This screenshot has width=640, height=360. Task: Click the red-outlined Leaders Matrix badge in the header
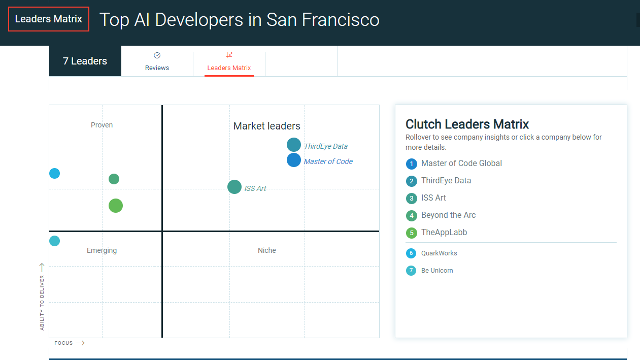(x=49, y=19)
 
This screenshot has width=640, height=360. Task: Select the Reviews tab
(x=157, y=61)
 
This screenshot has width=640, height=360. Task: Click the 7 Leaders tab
(x=85, y=61)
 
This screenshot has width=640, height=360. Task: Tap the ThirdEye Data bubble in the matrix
(x=294, y=145)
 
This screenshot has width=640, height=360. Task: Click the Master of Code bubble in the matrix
(x=294, y=160)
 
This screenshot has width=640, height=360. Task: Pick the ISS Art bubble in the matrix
(x=234, y=187)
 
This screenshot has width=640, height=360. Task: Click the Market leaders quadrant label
(x=266, y=126)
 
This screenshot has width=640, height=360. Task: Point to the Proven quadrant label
(x=102, y=125)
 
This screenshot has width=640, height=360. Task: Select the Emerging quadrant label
(x=102, y=250)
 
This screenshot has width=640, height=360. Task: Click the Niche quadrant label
(x=266, y=250)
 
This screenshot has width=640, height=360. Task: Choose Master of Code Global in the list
(x=461, y=163)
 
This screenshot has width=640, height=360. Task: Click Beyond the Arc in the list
(x=448, y=215)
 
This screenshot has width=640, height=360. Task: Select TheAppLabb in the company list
(x=444, y=233)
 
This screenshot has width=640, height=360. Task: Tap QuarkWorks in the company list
(x=439, y=253)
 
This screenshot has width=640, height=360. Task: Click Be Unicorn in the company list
(x=436, y=271)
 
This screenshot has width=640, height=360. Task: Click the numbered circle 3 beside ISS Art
(x=412, y=199)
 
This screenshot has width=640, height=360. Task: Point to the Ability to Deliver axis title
(x=42, y=302)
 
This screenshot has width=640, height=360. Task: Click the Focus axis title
(x=64, y=343)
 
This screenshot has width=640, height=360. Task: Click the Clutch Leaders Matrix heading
(x=467, y=124)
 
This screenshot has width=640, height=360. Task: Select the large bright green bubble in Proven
(x=116, y=206)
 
